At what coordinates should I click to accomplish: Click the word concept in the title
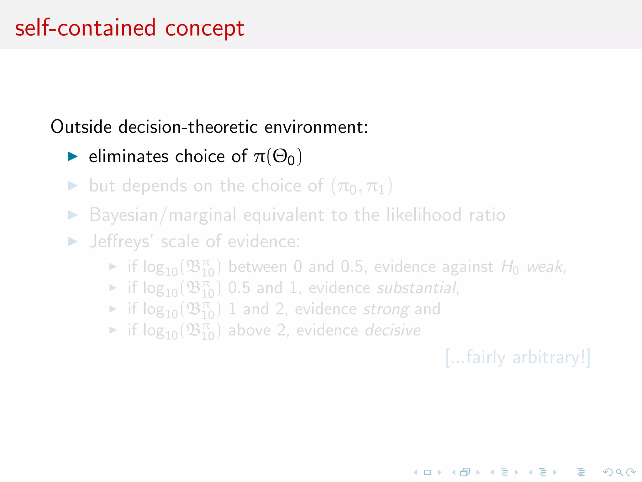click(204, 28)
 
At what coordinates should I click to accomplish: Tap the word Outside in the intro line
click(81, 127)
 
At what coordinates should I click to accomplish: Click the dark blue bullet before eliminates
click(73, 156)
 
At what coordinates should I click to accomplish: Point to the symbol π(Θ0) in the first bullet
click(278, 156)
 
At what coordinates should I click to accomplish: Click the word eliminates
click(129, 156)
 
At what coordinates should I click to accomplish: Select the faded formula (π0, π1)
click(362, 186)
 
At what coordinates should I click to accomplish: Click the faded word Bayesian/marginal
click(163, 215)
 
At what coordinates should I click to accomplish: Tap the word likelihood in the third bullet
click(424, 215)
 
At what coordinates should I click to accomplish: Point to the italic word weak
click(545, 267)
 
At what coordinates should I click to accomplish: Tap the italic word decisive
click(393, 330)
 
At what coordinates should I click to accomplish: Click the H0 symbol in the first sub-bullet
click(510, 267)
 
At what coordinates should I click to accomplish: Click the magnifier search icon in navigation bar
click(619, 472)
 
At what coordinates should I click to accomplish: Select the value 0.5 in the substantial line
click(239, 288)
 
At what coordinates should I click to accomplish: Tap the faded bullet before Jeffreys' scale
click(73, 242)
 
